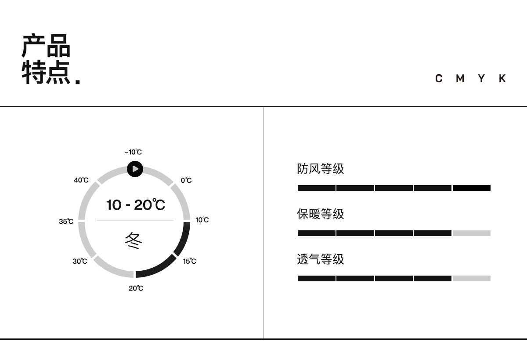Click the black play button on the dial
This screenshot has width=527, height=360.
click(135, 169)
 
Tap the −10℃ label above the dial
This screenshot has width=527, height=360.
click(133, 153)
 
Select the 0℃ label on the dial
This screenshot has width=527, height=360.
click(186, 180)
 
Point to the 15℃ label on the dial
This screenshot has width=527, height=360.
click(190, 261)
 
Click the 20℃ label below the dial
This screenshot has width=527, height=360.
click(136, 288)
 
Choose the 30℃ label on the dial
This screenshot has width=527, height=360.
click(80, 261)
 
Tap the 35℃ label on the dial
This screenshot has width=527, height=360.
click(66, 222)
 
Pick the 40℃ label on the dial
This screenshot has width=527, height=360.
click(81, 180)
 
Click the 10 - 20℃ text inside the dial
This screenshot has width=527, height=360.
click(135, 205)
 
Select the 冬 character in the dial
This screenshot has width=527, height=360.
click(134, 241)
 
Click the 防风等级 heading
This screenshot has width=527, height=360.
click(321, 169)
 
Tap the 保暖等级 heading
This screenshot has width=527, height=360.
click(321, 214)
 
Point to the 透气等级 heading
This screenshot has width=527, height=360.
click(321, 259)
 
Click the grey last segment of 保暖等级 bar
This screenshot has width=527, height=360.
click(471, 233)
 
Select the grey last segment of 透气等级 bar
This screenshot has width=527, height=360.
click(471, 279)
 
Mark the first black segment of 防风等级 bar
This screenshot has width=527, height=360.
click(316, 188)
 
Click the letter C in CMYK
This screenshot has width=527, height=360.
click(439, 79)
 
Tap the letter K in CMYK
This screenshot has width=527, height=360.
click(502, 79)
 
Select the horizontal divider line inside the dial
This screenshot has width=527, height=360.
click(135, 221)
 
